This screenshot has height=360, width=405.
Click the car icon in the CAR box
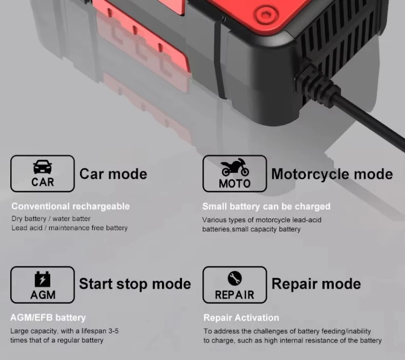click(x=42, y=167)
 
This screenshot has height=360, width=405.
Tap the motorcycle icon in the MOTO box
click(x=235, y=168)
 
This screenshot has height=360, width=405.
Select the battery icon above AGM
click(x=43, y=279)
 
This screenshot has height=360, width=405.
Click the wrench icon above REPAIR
click(x=235, y=278)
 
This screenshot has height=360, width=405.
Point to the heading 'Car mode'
click(x=113, y=174)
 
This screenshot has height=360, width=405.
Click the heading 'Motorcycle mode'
click(x=332, y=174)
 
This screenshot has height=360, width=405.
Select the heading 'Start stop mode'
click(x=135, y=284)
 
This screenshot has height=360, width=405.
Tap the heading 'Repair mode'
click(x=316, y=284)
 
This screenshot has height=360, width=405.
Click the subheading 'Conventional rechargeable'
click(x=71, y=206)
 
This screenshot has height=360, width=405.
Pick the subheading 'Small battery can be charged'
click(x=266, y=206)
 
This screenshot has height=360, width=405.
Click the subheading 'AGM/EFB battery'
click(x=48, y=318)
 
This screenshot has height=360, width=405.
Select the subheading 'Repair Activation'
click(x=241, y=318)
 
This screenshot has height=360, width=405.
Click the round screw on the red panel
click(x=266, y=15)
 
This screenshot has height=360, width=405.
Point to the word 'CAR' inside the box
click(x=43, y=182)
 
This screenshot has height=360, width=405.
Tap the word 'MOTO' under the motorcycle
click(x=235, y=184)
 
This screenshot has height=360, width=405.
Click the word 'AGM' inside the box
click(x=43, y=295)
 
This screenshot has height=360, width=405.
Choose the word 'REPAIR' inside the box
click(x=235, y=295)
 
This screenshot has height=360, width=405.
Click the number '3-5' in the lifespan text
click(x=113, y=331)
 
